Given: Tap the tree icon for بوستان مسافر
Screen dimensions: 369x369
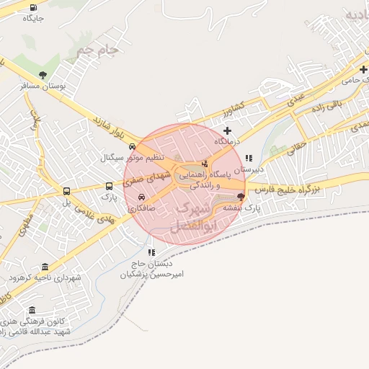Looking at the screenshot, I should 44,74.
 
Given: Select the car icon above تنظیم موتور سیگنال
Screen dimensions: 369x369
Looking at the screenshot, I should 131,146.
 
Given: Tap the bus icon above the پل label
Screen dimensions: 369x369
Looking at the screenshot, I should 66,192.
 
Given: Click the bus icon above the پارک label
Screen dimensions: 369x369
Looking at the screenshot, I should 109,184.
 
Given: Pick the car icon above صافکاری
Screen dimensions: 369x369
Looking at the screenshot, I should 141,197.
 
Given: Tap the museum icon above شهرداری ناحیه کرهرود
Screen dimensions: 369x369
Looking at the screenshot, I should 45,267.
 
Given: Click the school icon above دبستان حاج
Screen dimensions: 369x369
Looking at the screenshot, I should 151,253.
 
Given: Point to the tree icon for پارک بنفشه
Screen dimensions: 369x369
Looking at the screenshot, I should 240,196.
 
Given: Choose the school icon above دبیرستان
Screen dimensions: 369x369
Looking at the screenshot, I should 249,158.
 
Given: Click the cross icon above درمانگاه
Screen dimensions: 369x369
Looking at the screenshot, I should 228,130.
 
